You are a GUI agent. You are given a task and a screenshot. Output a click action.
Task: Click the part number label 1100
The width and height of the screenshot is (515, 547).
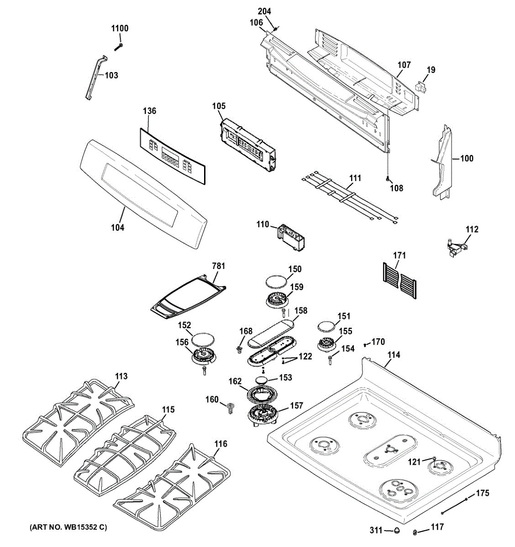pos(120,28)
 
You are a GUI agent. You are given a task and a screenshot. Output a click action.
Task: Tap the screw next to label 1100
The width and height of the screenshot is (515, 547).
pos(118,47)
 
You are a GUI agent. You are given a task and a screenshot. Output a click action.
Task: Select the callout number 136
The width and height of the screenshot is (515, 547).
pos(149,111)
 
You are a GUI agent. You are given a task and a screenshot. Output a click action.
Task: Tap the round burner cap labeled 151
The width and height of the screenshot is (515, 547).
pos(327,327)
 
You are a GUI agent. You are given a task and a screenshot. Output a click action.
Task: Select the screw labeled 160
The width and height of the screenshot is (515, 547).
pos(230,408)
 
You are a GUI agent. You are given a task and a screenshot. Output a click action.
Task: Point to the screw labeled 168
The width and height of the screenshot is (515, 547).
pos(239,350)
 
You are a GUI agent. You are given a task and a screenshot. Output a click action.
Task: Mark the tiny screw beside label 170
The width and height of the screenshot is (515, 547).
pos(365,345)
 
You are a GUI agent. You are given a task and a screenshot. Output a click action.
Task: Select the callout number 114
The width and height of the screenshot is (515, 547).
pos(394,355)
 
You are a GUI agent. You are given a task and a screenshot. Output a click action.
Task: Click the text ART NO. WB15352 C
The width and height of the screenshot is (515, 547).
pos(68,527)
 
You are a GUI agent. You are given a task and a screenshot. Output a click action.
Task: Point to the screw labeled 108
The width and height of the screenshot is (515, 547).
pos(388,179)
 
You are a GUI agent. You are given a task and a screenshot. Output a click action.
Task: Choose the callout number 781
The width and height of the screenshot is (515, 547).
pos(219,266)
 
